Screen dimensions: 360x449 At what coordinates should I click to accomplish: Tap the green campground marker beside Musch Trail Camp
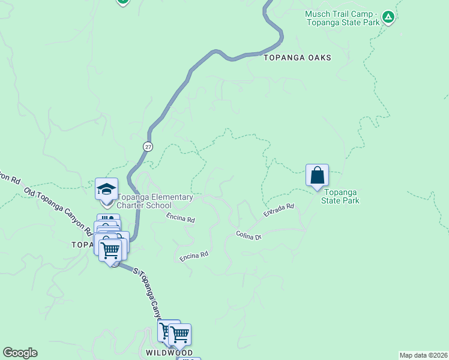click(388, 17)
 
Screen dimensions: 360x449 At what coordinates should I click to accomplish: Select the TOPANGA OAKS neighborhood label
click(297, 58)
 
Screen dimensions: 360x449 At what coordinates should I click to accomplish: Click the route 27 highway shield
click(148, 146)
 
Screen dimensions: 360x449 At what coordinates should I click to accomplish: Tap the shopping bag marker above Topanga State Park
click(317, 176)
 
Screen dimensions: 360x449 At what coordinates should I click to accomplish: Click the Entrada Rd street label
click(279, 210)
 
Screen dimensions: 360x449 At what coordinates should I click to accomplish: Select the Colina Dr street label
click(249, 236)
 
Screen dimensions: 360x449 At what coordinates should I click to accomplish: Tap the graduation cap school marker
click(106, 189)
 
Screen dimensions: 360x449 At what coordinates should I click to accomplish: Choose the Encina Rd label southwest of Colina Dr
click(193, 256)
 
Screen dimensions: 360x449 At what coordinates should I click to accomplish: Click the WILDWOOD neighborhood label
click(169, 353)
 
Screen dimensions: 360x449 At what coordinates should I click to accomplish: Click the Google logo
click(20, 353)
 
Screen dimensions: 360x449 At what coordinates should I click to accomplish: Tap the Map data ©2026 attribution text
click(423, 355)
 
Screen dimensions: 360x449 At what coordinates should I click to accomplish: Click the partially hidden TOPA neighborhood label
click(82, 245)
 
